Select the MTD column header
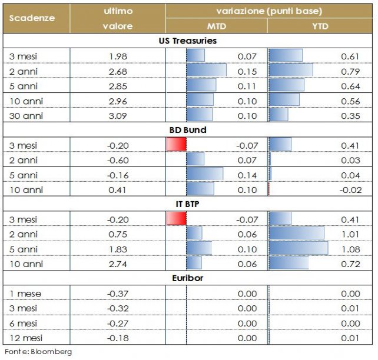pos(216,26)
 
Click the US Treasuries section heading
pos(188,41)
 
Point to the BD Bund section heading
pos(188,130)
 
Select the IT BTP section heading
pos(188,205)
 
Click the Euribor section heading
pos(188,278)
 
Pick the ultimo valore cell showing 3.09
pos(118,115)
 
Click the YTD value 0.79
pos(352,71)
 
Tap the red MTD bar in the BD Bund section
pos(177,145)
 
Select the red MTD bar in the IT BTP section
pos(177,219)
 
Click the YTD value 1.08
pos(352,249)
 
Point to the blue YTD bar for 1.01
pos(297,234)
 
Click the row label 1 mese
pos(26,294)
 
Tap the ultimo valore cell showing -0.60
pos(118,160)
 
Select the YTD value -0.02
pos(350,189)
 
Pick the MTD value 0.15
pos(247,71)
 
